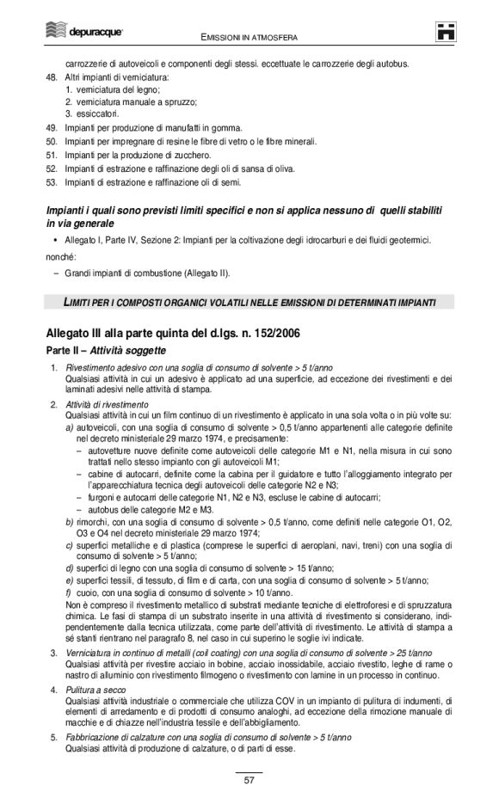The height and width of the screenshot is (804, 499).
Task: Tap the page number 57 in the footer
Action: (249, 780)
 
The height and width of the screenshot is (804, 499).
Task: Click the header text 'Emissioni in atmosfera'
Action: (249, 38)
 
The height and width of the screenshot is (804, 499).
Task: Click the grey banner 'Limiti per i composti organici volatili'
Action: (249, 302)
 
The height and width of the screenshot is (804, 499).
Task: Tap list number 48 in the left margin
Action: (51, 77)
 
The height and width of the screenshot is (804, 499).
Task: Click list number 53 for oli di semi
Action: (51, 181)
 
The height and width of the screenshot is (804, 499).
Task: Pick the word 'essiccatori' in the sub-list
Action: (96, 114)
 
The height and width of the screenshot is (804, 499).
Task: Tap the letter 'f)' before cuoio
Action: (69, 593)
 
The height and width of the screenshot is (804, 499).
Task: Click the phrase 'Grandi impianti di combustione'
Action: (127, 273)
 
